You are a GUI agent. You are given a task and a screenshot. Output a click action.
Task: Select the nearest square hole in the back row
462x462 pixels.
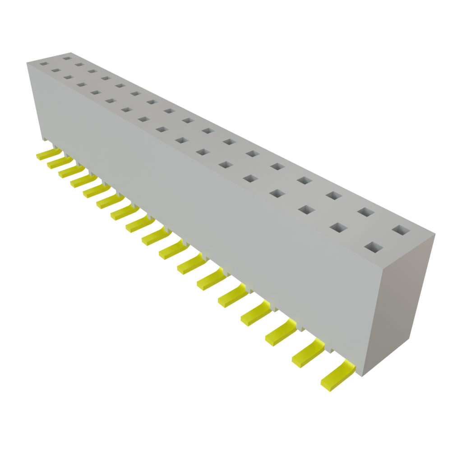(x=400, y=230)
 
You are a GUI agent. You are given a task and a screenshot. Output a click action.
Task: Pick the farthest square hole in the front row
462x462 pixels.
(x=44, y=64)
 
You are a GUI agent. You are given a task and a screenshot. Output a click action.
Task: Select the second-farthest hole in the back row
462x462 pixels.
(x=80, y=64)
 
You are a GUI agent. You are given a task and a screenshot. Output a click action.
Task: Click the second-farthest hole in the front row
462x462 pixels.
(x=56, y=70)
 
